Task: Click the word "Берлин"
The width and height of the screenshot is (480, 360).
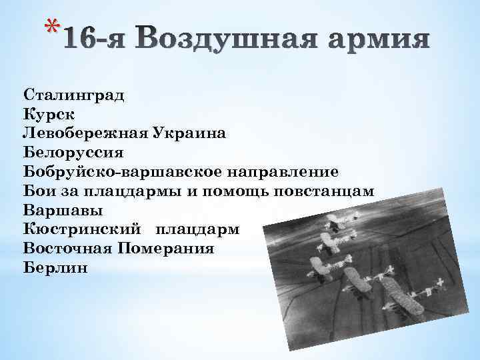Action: tap(55, 268)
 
